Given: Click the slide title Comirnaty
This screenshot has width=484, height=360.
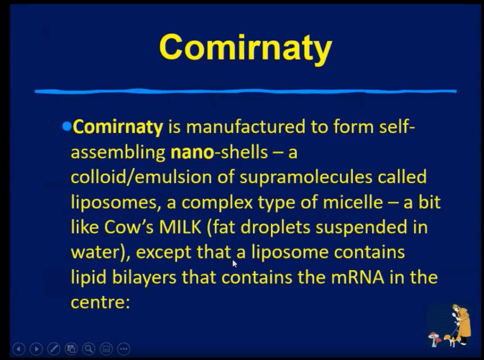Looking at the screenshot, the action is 245,48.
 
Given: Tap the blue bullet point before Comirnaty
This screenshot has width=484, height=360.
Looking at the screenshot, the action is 67,126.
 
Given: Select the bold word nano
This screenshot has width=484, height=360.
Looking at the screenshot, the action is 192,152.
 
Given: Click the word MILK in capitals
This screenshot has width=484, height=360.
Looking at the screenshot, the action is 180,227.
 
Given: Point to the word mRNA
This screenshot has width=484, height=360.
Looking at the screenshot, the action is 357,277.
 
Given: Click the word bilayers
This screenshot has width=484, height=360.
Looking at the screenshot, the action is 144,277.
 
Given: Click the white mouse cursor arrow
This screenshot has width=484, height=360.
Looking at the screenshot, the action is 235,264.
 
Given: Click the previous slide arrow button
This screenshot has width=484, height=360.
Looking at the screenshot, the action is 19,349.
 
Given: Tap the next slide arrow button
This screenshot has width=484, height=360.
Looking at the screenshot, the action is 36,349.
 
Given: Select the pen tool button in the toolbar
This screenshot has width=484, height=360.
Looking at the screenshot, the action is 54,349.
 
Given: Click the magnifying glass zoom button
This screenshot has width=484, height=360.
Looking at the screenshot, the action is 88,349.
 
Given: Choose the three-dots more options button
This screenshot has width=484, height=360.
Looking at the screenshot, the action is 124,349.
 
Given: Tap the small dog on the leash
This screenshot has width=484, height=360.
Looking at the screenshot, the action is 449,340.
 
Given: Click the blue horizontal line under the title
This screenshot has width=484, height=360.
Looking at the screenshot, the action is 245,91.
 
